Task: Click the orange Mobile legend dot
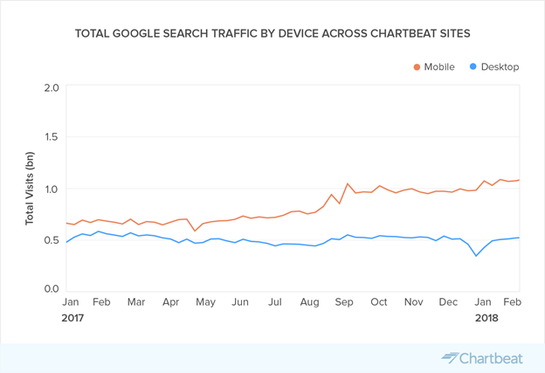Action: click(x=417, y=67)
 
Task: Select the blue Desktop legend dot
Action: click(x=473, y=66)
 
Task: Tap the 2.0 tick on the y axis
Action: click(x=52, y=87)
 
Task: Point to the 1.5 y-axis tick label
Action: click(x=52, y=137)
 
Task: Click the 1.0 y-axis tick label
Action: click(x=52, y=189)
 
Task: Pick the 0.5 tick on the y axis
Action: click(x=52, y=240)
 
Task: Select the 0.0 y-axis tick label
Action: click(x=52, y=289)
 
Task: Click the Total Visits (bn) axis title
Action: click(x=30, y=189)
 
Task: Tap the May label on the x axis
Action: click(x=205, y=302)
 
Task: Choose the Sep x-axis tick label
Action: click(x=344, y=302)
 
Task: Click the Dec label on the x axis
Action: click(x=448, y=302)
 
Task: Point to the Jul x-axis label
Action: click(x=275, y=302)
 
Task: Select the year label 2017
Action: click(x=72, y=318)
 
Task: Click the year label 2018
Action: click(x=486, y=318)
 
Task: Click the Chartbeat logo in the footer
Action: click(x=482, y=358)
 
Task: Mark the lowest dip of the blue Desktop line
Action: click(x=476, y=256)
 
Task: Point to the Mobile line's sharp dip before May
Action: click(x=195, y=231)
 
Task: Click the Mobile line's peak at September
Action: click(x=348, y=183)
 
